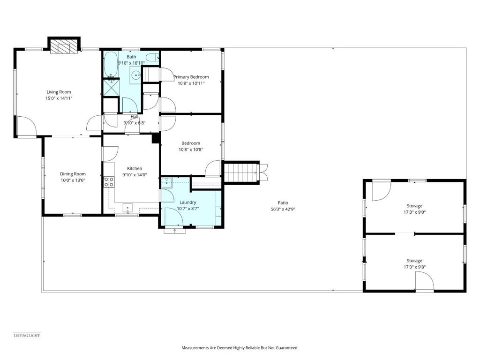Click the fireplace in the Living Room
coord(64,46)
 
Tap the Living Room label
coord(59,92)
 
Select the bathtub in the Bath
coord(111,65)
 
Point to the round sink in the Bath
coord(136,75)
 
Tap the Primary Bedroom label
coord(191,77)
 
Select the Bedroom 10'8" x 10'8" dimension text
coord(191,150)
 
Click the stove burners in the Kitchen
coord(108,181)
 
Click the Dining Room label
coord(73,174)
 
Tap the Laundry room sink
coord(167,182)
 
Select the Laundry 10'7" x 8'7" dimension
coord(187,209)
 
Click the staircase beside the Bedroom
coord(241,172)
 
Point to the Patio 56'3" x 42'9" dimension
coord(283,209)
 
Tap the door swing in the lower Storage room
coord(424,283)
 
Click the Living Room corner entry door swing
coord(26,125)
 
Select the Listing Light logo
coord(27,335)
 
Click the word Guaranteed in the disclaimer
coord(286,348)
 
